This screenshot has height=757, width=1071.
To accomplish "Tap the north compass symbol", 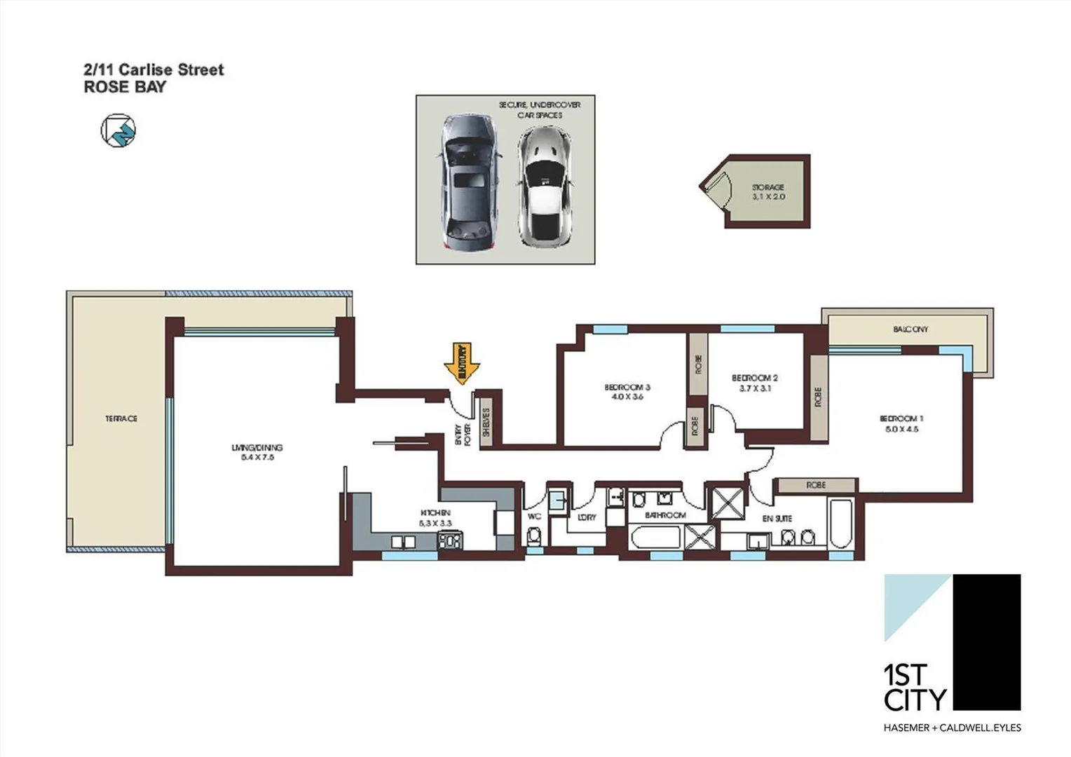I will [118, 130].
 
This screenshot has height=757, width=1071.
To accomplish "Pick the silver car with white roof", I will [545, 186].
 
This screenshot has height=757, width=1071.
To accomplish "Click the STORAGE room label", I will [768, 192].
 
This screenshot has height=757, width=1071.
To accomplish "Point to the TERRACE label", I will [121, 418].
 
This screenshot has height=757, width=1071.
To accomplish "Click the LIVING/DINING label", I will [257, 452].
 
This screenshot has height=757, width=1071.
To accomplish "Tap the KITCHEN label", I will [435, 517].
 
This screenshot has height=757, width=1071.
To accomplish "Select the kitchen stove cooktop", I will [450, 541].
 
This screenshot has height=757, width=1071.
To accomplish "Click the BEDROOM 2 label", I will [755, 383].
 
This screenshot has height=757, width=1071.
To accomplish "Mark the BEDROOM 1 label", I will [901, 423].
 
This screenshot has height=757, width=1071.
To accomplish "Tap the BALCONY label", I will [910, 329].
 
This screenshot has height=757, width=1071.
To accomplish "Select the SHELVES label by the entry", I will [486, 423].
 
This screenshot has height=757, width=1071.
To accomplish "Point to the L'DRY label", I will [587, 517].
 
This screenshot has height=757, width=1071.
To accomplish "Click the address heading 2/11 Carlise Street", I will [154, 69].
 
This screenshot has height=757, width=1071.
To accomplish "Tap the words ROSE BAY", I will [125, 87].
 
